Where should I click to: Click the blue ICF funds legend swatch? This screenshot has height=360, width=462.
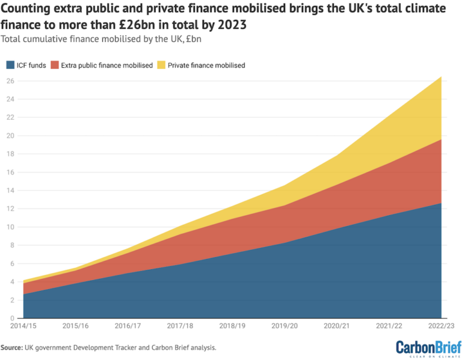[x=10, y=65]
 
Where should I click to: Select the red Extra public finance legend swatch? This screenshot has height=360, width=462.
[x=56, y=65]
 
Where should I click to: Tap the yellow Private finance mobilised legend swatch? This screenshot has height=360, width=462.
[x=161, y=65]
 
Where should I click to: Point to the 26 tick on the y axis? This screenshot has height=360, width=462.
[x=11, y=81]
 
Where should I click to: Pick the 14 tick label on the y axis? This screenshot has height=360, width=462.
[x=11, y=191]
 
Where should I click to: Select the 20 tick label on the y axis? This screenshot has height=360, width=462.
[x=11, y=136]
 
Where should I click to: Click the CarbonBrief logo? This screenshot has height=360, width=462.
[x=425, y=347]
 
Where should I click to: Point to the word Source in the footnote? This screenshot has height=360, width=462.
[x=11, y=347]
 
